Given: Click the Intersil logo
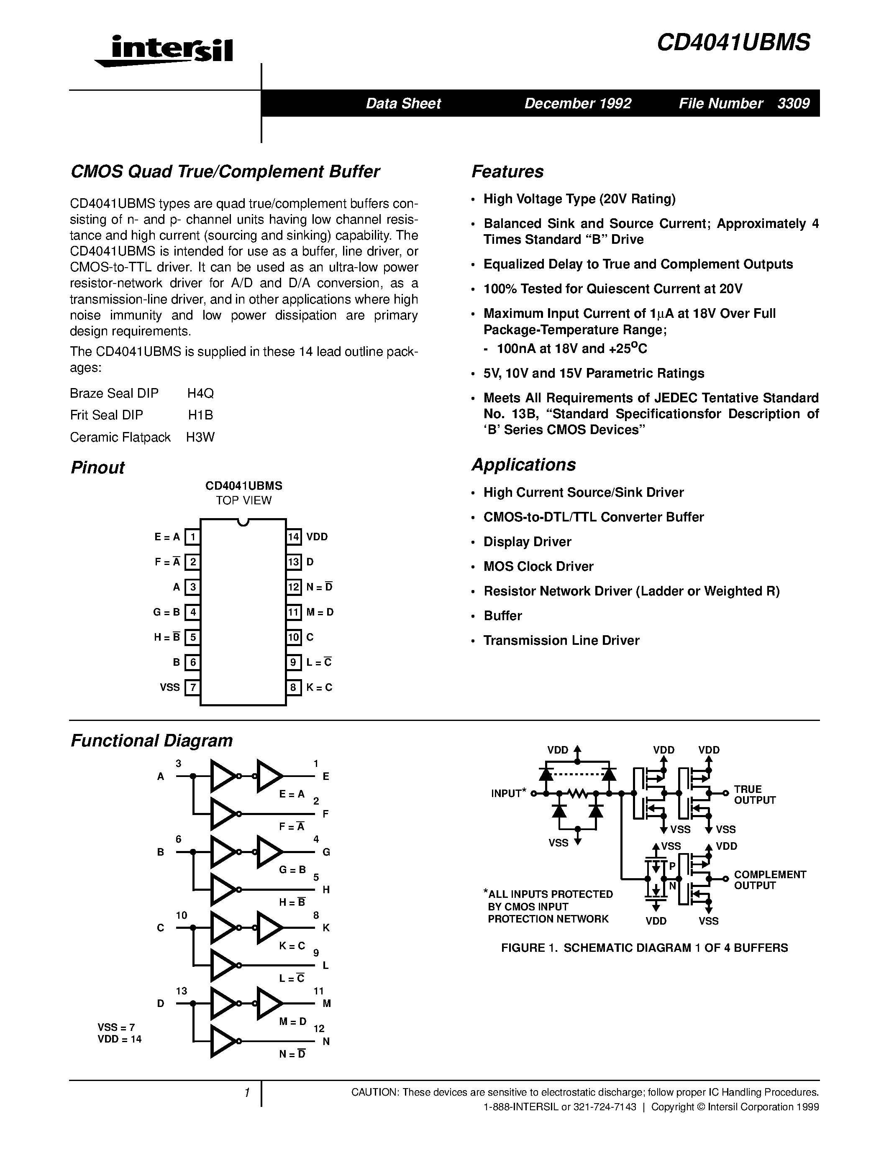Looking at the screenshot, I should tap(164, 51).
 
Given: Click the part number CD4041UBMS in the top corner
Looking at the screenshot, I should tap(733, 43).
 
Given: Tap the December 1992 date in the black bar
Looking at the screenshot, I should tap(578, 103).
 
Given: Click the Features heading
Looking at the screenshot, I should tap(507, 171).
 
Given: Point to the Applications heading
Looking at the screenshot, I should tap(523, 465).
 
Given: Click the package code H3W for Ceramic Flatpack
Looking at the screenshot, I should tap(200, 437).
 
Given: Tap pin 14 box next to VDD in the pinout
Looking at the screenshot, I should tap(293, 537).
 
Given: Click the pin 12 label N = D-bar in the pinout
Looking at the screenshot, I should tap(319, 587).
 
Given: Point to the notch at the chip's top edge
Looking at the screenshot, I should tap(243, 522).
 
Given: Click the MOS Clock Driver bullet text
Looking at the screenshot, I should tap(538, 566).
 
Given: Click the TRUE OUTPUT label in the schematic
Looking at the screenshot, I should tap(754, 795).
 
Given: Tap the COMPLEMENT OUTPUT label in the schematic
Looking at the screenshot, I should tap(769, 880).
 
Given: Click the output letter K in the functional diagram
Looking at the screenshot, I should tap(325, 928).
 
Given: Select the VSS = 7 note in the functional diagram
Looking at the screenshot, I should tap(116, 1027).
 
